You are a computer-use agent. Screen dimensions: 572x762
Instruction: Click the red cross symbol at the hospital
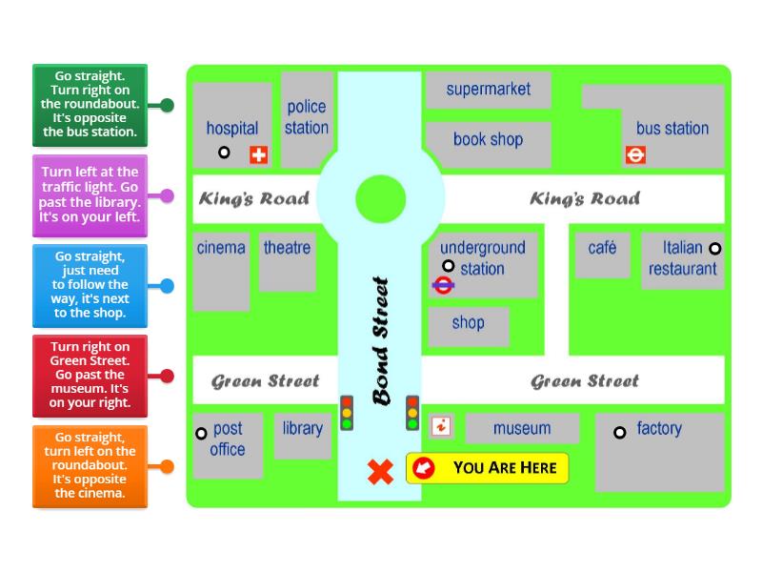pos(258,154)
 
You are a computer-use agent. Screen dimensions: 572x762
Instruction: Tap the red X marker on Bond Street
pos(381,471)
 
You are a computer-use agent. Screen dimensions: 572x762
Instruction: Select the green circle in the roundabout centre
pos(381,199)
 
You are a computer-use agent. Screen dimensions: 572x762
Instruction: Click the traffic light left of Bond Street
pos(347,413)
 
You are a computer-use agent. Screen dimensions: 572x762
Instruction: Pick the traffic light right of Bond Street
pos(412,413)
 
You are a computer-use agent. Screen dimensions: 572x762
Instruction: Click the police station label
pos(307,117)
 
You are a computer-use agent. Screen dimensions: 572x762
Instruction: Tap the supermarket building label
pos(488,90)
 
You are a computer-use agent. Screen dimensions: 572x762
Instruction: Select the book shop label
pos(488,139)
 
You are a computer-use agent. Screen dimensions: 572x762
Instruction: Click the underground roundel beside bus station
pos(635,153)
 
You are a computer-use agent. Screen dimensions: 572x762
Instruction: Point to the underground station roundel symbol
pos(442,284)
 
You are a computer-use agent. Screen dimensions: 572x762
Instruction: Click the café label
pos(602,248)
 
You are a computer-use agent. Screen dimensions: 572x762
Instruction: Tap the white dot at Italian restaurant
pos(715,249)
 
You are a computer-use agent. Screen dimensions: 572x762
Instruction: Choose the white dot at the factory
pos(619,432)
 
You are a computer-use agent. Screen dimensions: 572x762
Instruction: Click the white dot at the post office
pos(201,434)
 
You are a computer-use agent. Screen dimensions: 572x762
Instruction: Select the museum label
pos(522,428)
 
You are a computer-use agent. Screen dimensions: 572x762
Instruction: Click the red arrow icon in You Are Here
pos(424,467)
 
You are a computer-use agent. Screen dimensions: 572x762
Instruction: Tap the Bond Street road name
pos(381,340)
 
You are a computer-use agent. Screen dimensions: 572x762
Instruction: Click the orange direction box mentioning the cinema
pos(90,465)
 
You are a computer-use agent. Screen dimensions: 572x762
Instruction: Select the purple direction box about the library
pos(90,194)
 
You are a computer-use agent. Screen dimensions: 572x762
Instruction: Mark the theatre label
pos(287,248)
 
